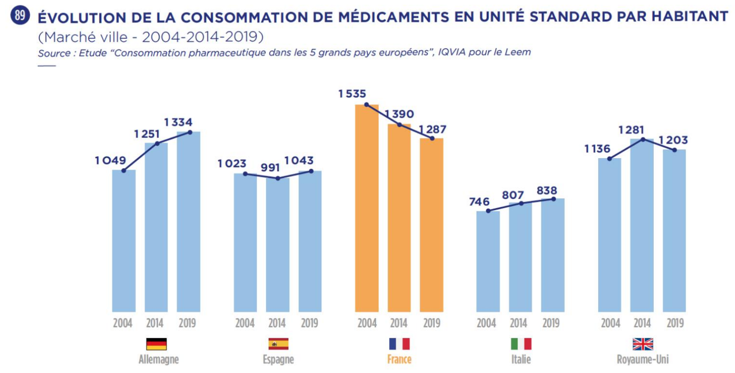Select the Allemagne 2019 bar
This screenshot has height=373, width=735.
pyautogui.click(x=189, y=222)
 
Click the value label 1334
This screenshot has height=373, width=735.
pyautogui.click(x=182, y=123)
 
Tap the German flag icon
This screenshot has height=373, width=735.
pyautogui.click(x=156, y=344)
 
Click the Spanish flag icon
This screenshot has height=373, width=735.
pyautogui.click(x=278, y=344)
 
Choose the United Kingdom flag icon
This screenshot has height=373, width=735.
pyautogui.click(x=642, y=344)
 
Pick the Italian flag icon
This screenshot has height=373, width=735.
pyautogui.click(x=521, y=344)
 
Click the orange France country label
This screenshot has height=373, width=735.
pyautogui.click(x=399, y=360)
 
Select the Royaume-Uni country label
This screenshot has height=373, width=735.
pyautogui.click(x=642, y=360)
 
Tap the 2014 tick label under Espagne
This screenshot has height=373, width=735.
pyautogui.click(x=277, y=323)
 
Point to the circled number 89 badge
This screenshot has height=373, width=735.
pyautogui.click(x=20, y=16)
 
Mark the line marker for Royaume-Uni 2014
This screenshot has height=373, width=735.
pyautogui.click(x=642, y=139)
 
